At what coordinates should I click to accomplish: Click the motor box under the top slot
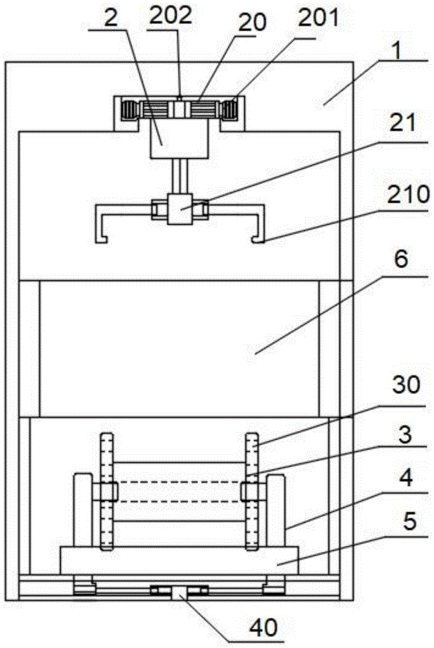tap(178, 141)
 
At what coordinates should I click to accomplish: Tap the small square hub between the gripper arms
tap(179, 209)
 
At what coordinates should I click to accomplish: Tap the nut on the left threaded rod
tap(106, 491)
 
